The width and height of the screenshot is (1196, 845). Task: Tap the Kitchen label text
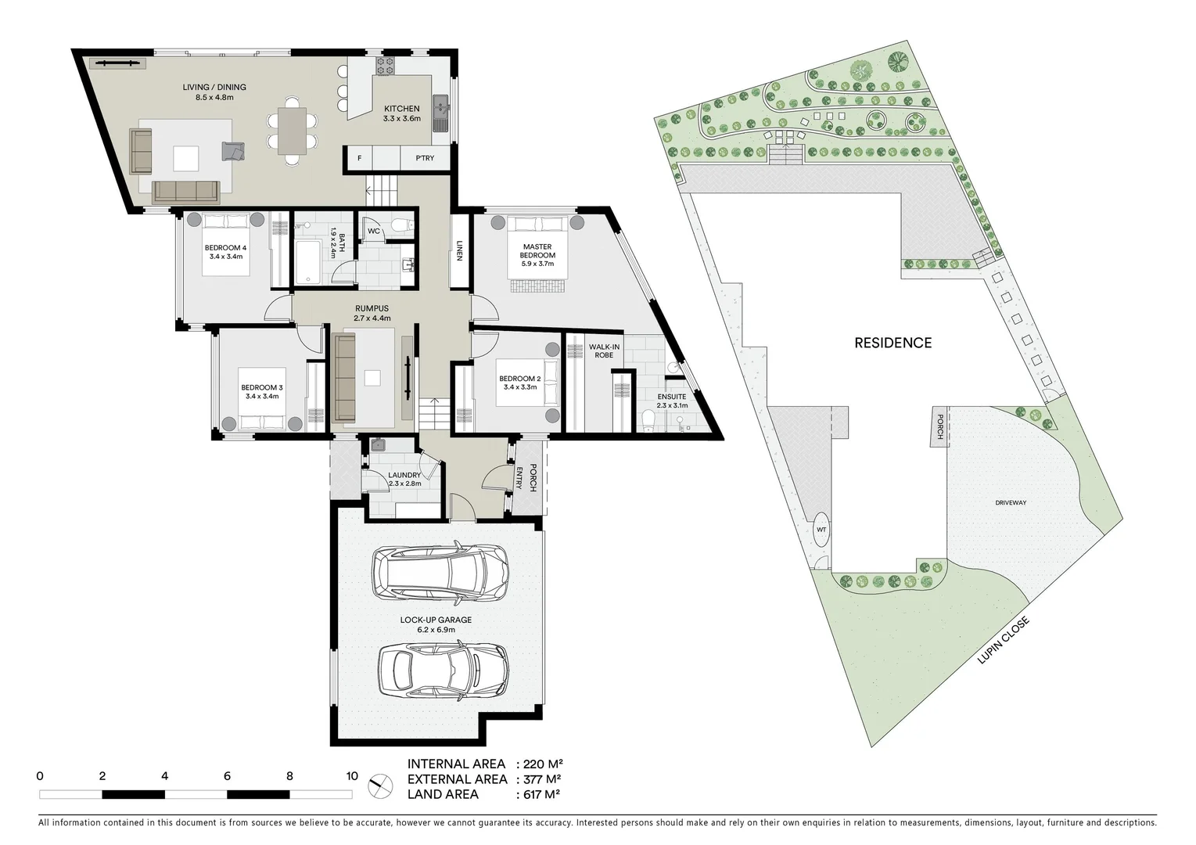pyautogui.click(x=401, y=113)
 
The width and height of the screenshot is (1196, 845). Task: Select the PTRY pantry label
pyautogui.click(x=425, y=158)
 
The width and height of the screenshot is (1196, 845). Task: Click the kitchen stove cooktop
pyautogui.click(x=385, y=67)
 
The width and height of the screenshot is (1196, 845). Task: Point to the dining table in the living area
pyautogui.click(x=293, y=131)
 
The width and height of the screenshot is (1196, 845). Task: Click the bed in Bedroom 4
pyautogui.click(x=226, y=246)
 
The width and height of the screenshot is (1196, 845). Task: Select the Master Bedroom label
pyautogui.click(x=537, y=255)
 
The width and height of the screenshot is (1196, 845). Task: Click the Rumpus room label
pyautogui.click(x=371, y=313)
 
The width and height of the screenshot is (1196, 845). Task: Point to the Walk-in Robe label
pyautogui.click(x=604, y=351)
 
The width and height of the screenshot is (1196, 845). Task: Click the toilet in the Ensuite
pyautogui.click(x=648, y=422)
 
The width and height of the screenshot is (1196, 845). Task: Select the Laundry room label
pyautogui.click(x=404, y=479)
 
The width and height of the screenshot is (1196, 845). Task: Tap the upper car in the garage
pyautogui.click(x=440, y=572)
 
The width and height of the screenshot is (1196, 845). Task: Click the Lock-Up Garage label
pyautogui.click(x=436, y=624)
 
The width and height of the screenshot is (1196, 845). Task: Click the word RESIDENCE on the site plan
pyautogui.click(x=893, y=343)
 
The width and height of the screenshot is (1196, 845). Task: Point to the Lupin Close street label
pyautogui.click(x=1003, y=641)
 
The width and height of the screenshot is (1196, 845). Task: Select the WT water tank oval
pyautogui.click(x=821, y=530)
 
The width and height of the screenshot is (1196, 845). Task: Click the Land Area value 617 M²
pyautogui.click(x=540, y=794)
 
